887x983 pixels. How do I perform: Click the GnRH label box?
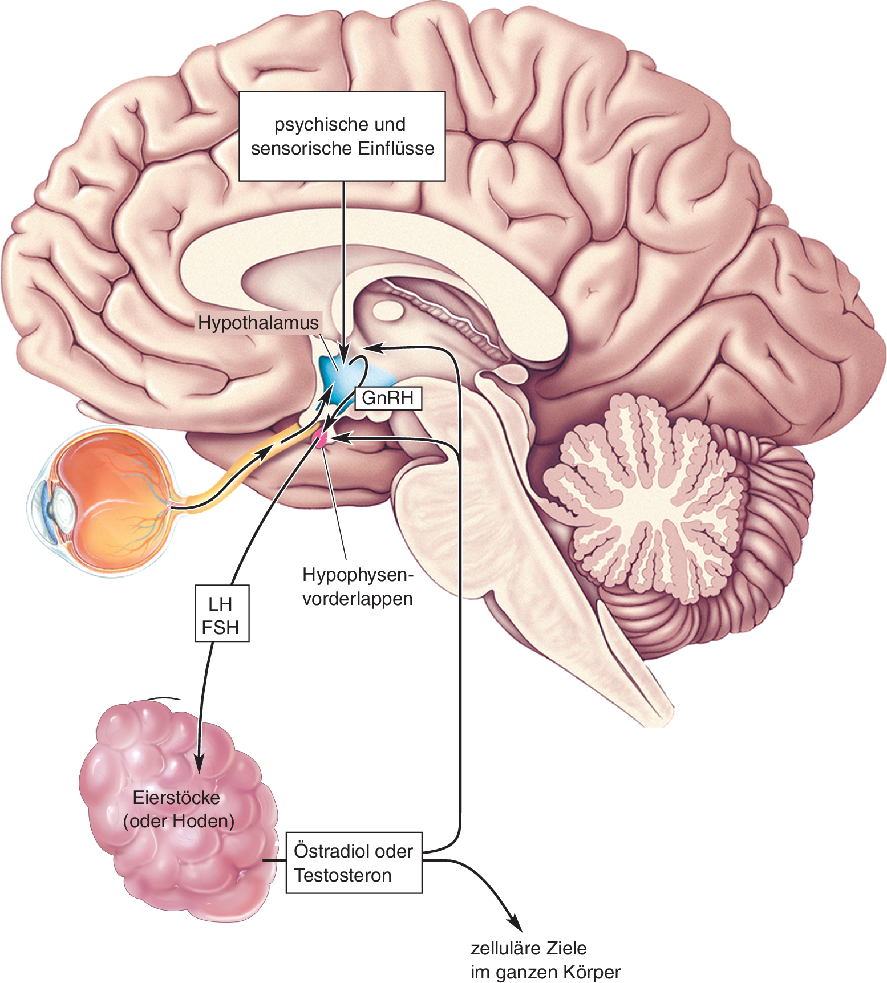[x=388, y=398]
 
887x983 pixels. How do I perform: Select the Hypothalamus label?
[x=258, y=323]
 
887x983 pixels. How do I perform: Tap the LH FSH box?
[x=221, y=614]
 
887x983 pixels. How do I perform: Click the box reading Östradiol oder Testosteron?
[x=354, y=863]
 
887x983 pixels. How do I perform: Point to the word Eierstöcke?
[x=176, y=797]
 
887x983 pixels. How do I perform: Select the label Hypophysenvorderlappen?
[x=358, y=587]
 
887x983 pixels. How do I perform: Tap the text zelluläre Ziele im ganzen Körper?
[x=545, y=960]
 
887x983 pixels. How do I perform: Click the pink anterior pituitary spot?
[x=320, y=438]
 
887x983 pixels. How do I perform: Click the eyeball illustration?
[x=108, y=502]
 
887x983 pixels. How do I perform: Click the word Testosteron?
[x=343, y=875]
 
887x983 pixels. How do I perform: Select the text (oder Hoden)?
[x=179, y=821]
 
